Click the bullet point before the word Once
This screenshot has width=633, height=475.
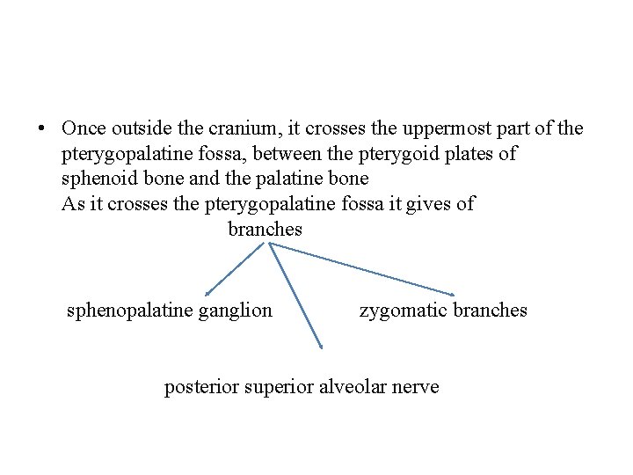[x=41, y=128]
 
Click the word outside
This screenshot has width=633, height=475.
[x=138, y=128]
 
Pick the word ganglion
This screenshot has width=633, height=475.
[x=239, y=311]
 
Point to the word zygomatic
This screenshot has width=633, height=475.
[x=402, y=311]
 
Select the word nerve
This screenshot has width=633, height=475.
[x=417, y=387]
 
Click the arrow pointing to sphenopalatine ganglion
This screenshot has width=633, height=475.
[x=234, y=269]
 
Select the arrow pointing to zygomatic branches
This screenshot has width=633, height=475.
[x=362, y=268]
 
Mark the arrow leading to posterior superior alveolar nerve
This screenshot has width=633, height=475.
[x=295, y=296]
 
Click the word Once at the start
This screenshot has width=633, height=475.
[x=84, y=128]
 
